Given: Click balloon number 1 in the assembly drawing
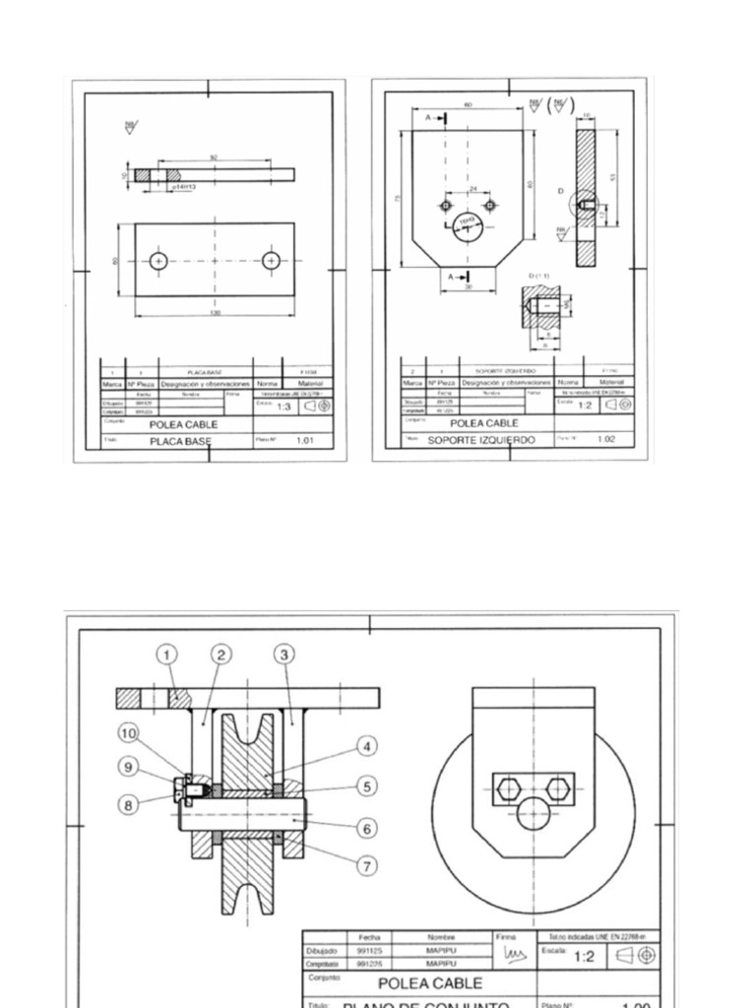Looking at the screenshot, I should point(167,655).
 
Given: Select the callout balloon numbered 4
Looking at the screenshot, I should point(366,746).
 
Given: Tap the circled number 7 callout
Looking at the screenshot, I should point(367,865).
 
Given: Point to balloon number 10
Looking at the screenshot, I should point(129,732).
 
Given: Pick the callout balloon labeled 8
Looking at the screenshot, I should point(128,804).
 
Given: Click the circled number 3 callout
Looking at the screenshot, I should point(284,655).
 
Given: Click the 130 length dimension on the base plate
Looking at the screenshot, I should point(215,313).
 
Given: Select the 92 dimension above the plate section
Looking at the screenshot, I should point(214,157).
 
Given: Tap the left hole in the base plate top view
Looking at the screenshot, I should point(158,261).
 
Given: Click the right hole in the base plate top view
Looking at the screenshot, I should point(271,261).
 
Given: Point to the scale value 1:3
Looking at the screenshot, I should point(283,406).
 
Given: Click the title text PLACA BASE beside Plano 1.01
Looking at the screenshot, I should point(180,442).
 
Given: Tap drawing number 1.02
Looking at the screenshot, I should point(606,439).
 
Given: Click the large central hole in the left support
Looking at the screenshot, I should point(468,225).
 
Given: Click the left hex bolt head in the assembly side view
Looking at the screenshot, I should point(509,787).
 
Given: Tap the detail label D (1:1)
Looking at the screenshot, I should point(538,276).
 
